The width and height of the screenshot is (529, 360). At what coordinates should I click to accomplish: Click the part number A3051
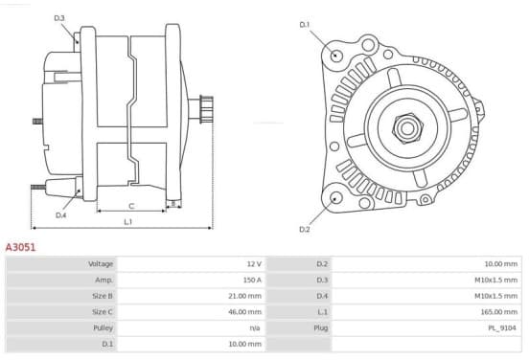(20, 247)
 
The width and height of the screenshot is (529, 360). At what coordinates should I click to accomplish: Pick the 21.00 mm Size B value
(244, 296)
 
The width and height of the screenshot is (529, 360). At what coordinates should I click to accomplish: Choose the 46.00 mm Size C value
(244, 312)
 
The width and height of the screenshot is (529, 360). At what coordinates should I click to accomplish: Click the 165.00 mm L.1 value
(499, 312)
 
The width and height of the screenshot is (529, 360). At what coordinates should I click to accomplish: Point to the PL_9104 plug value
(502, 327)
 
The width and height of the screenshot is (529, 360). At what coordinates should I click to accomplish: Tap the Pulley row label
(103, 327)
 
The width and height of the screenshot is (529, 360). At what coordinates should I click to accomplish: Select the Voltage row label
(101, 264)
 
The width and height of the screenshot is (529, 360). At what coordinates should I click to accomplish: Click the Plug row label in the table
(321, 327)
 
